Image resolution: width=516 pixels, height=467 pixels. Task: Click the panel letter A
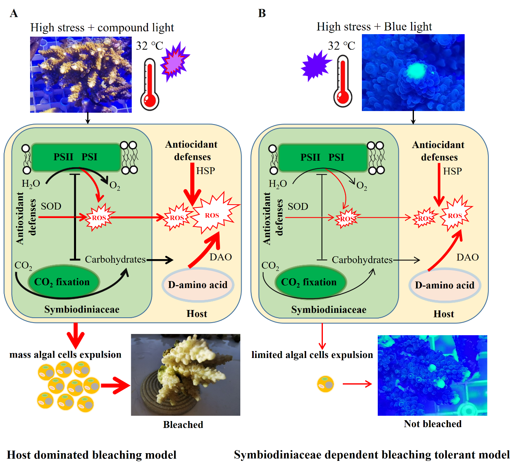14,13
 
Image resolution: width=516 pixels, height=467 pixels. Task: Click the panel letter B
262,13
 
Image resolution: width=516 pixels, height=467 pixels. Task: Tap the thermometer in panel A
150,85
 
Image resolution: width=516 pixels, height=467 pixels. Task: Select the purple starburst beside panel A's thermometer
175,61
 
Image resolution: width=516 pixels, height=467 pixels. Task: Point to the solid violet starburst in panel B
316,66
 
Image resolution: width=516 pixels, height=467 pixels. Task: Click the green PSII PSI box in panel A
76,157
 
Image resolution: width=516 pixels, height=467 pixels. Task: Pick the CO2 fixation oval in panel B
309,282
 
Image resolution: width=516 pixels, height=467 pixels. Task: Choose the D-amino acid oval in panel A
198,285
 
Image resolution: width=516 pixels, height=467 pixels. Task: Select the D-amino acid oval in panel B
444,285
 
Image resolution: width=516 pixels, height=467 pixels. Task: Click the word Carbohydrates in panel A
115,260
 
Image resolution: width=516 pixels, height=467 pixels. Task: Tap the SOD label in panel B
298,207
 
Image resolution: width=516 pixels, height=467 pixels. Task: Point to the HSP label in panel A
205,171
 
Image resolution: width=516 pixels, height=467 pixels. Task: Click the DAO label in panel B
467,257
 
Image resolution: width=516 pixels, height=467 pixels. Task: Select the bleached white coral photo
185,375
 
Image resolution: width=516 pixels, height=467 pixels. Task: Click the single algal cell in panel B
325,384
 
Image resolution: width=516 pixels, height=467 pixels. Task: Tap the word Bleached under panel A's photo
183,425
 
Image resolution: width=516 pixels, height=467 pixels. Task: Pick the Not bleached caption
433,424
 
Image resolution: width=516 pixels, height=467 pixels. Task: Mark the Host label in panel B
444,314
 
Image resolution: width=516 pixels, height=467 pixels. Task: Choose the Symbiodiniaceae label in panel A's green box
82,310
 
